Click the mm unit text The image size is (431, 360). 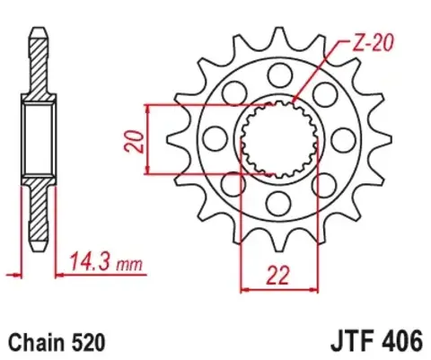(131, 264)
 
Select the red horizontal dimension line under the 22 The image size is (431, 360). (280, 289)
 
